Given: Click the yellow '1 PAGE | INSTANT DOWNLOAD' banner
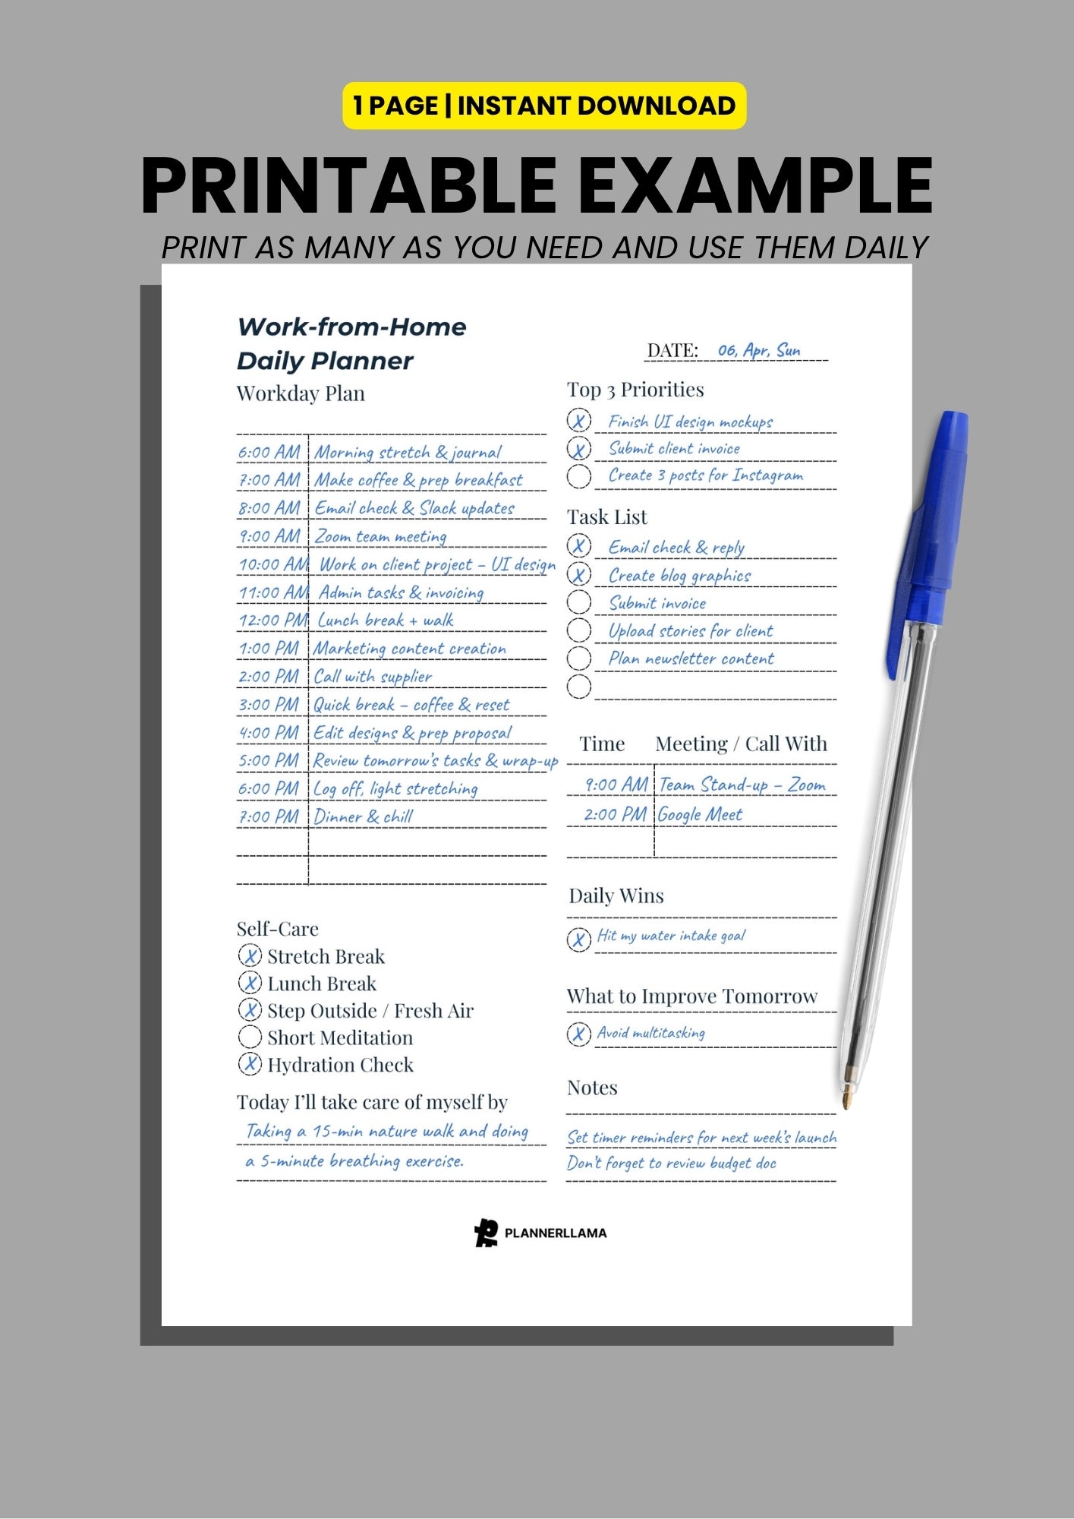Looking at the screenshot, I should click(x=544, y=106).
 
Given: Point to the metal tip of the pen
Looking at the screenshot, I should click(x=847, y=1099).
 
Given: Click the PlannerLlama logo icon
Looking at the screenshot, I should click(x=486, y=1232).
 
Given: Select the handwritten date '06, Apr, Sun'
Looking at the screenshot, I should click(x=758, y=350).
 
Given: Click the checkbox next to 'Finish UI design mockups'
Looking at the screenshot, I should click(x=578, y=420).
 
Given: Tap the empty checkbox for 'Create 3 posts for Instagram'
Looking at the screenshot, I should click(x=578, y=476).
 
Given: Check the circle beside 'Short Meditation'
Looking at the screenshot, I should click(x=250, y=1037).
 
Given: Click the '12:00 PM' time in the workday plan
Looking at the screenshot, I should click(x=272, y=621).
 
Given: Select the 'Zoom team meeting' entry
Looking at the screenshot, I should click(x=380, y=536).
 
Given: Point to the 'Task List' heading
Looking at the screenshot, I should click(x=606, y=517).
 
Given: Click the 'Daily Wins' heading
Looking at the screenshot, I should click(x=616, y=896).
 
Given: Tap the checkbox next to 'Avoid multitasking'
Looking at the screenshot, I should click(x=578, y=1034).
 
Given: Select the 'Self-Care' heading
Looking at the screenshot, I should click(x=277, y=929).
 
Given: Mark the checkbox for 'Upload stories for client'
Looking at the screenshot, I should click(x=578, y=630).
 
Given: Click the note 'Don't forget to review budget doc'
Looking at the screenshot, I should click(x=671, y=1163).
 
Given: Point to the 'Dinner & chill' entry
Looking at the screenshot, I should click(x=363, y=817).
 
